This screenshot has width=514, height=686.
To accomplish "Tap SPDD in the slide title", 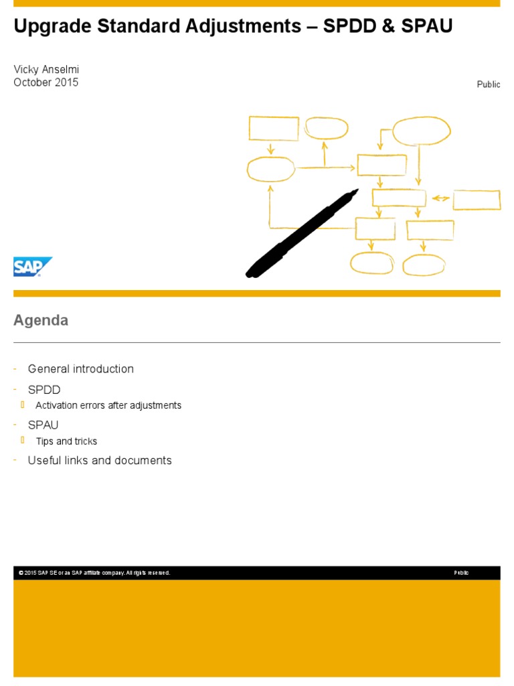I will tap(346, 27).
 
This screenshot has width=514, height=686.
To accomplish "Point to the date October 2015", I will tap(46, 82).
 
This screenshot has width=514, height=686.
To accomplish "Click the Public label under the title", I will tap(488, 84).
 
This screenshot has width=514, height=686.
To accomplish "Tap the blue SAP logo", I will tap(32, 267).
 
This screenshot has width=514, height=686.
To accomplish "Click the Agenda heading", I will tap(41, 320).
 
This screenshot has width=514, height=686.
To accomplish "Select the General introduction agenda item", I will tap(80, 368).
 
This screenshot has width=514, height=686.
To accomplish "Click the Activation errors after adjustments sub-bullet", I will tap(108, 405).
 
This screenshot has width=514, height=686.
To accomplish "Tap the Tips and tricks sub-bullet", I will tap(66, 441).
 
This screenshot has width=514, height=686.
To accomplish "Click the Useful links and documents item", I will tap(100, 460).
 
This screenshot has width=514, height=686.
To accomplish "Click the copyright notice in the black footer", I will tap(94, 573).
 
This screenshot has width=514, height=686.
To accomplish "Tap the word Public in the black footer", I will tap(461, 573).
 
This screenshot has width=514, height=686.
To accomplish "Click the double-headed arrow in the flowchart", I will tap(440, 198).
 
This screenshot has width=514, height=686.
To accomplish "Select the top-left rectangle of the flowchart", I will tap(274, 129).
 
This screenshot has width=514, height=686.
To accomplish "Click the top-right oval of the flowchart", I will tap(421, 131).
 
